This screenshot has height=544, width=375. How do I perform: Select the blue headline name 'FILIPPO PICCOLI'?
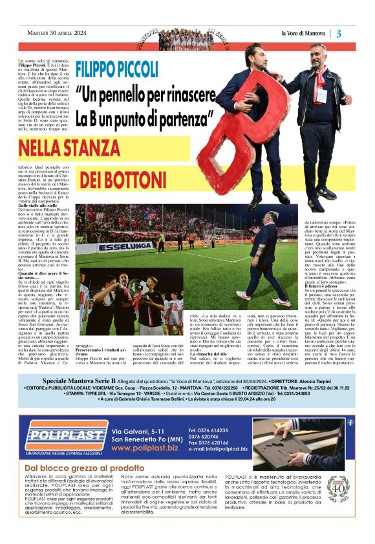point(117,68)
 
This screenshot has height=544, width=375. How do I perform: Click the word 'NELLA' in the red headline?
point(41,149)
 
